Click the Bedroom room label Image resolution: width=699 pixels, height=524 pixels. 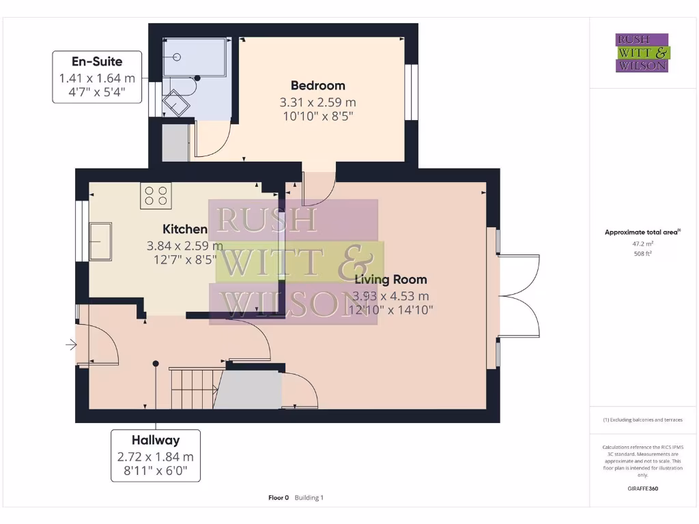coord(317,85)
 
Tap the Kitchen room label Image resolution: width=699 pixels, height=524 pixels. coord(184,229)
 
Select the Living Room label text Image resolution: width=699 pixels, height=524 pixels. coord(390,279)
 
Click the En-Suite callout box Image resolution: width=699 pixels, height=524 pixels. coord(97,76)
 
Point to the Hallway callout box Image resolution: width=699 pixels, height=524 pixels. coord(156,455)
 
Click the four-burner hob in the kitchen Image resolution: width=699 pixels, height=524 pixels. coord(156,196)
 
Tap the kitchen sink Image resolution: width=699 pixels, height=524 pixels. coord(100,241)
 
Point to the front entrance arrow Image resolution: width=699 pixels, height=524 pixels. coord(70,345)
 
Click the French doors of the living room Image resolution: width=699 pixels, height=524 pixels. coord(519,295)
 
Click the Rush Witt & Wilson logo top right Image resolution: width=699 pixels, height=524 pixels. coord(642,53)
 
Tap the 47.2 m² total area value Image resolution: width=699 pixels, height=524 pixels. coord(642,243)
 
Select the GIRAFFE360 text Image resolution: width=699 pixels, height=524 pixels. coord(642,489)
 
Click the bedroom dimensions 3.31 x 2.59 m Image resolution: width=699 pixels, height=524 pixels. coord(317,102)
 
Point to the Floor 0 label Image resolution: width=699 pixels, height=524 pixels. coord(279,498)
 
